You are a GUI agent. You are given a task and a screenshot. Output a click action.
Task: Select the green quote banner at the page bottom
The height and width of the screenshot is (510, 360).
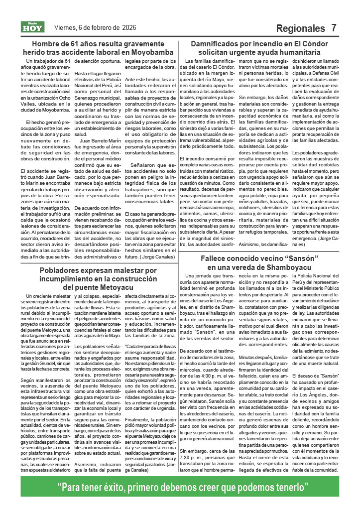180,487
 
